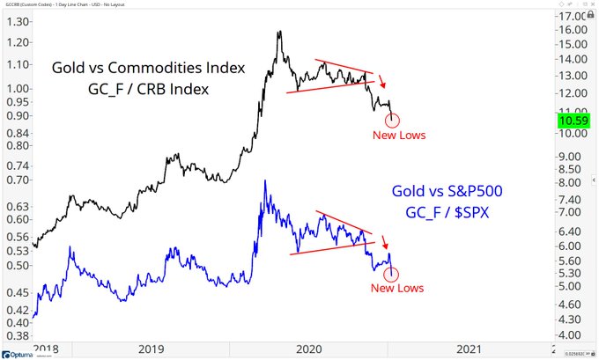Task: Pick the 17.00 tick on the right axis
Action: (x=573, y=17)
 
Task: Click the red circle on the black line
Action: (x=392, y=121)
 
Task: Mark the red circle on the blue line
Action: (x=392, y=273)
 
